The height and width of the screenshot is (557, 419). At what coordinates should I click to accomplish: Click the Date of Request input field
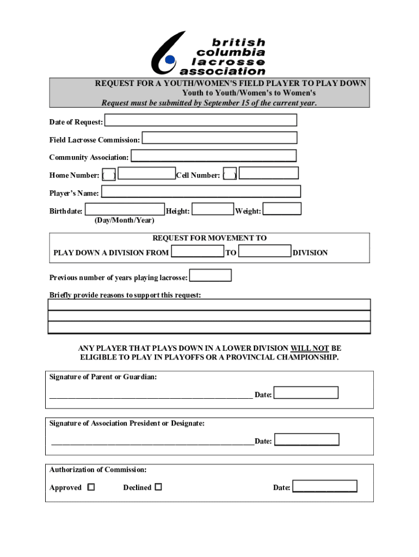pyautogui.click(x=200, y=120)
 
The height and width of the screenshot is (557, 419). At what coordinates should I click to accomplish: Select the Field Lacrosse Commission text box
pyautogui.click(x=219, y=138)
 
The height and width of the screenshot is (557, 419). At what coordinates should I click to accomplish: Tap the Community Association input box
pyautogui.click(x=213, y=156)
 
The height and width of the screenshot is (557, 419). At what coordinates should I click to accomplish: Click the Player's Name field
pyautogui.click(x=201, y=191)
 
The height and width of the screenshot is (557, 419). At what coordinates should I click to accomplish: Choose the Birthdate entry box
pyautogui.click(x=125, y=209)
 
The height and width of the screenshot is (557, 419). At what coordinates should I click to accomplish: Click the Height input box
pyautogui.click(x=213, y=209)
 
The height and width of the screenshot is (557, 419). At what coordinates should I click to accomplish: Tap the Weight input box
pyautogui.click(x=282, y=209)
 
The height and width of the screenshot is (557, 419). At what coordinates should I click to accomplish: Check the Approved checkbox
pyautogui.click(x=91, y=487)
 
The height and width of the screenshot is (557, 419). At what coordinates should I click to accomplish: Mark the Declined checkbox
pyautogui.click(x=158, y=487)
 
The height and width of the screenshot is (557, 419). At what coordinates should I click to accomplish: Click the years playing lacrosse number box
pyautogui.click(x=210, y=276)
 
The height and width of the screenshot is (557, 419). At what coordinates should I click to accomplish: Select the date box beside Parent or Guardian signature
pyautogui.click(x=306, y=393)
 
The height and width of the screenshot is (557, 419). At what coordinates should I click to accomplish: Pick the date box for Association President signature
pyautogui.click(x=306, y=440)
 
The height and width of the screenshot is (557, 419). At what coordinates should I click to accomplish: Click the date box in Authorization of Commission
pyautogui.click(x=324, y=486)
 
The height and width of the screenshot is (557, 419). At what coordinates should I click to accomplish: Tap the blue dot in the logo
pyautogui.click(x=170, y=59)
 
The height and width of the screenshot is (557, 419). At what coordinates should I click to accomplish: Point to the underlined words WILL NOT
pyautogui.click(x=310, y=348)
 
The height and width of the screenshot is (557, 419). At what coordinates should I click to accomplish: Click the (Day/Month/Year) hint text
pyautogui.click(x=124, y=220)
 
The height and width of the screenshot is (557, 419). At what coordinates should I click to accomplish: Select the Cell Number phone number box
pyautogui.click(x=269, y=173)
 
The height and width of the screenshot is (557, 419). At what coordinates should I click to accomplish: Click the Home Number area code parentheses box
pyautogui.click(x=109, y=175)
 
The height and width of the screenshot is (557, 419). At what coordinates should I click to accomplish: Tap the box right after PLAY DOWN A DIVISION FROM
pyautogui.click(x=197, y=251)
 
